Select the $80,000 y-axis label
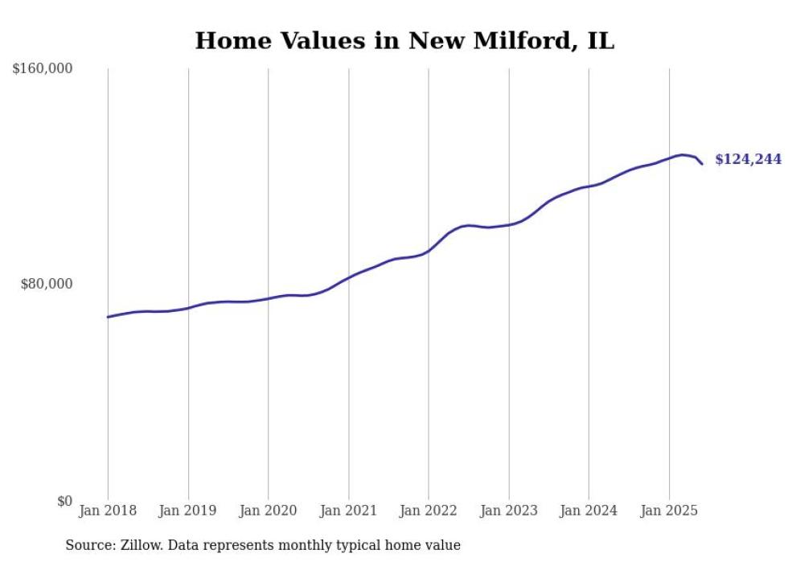point(47,284)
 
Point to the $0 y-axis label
point(64,501)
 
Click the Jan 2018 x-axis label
point(108,511)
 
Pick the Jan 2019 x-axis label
point(188,511)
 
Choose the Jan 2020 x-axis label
point(269,511)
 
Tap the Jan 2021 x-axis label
point(348,511)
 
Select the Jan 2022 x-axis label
point(429,511)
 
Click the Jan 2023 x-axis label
point(509,511)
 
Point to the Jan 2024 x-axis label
point(589,511)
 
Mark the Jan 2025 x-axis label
point(669,511)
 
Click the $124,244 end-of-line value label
point(748,159)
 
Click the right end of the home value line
point(702,164)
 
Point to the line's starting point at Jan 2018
point(108,317)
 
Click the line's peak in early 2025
point(683,154)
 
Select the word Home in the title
point(228,41)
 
